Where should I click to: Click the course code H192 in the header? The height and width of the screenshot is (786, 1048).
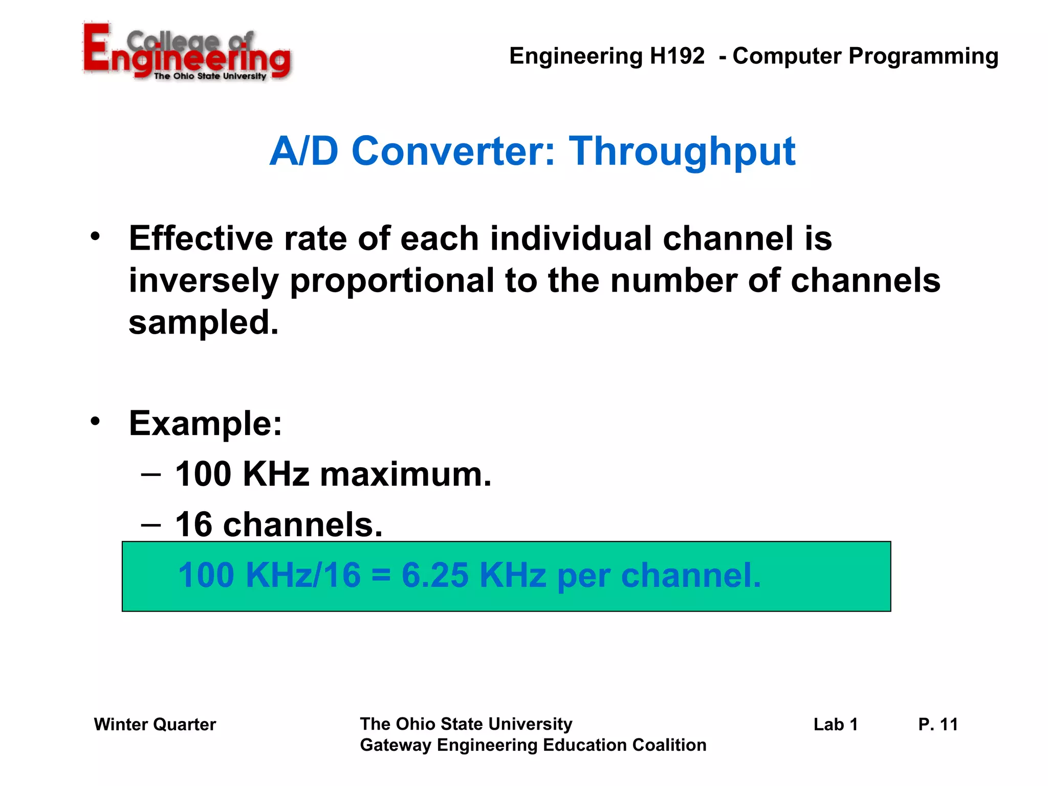point(677,56)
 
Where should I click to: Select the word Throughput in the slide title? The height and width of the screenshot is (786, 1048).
point(682,152)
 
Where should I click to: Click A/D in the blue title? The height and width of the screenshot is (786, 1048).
point(304,152)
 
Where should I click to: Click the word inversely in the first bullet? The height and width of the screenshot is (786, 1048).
point(204,281)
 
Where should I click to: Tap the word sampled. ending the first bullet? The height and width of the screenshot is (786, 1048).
point(204,322)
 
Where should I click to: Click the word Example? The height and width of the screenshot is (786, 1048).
point(205,424)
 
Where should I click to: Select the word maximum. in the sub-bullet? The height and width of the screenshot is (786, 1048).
point(405,474)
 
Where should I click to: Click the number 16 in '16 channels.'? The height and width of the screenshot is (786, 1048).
point(193,525)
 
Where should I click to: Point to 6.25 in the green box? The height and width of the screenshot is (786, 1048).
point(434,575)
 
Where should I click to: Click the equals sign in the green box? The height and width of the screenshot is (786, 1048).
point(381,576)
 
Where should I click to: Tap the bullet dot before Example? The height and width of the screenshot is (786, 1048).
point(95,421)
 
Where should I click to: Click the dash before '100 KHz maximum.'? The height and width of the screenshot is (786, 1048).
point(151,474)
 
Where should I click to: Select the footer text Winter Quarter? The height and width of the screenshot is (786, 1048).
point(155,725)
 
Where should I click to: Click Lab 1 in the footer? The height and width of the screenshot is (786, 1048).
point(836,725)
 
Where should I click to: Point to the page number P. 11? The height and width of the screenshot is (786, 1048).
point(938,725)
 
